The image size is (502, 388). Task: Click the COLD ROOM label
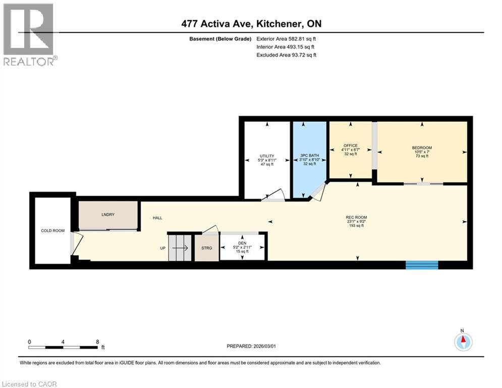(53, 231)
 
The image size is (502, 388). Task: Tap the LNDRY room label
(108, 215)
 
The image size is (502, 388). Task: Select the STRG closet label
(207, 248)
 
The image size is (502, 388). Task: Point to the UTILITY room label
(267, 156)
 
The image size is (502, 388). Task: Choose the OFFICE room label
(351, 145)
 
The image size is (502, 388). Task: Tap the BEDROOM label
(422, 148)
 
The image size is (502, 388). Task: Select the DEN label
(243, 243)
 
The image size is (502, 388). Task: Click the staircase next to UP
(180, 248)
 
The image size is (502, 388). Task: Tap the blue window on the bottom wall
(422, 265)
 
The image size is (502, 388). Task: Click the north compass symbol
(463, 342)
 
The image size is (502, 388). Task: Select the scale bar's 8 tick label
(97, 342)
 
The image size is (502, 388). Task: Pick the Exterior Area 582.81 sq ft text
(287, 38)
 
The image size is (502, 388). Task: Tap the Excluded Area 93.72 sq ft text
(287, 55)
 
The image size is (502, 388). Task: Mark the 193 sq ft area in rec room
(356, 226)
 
